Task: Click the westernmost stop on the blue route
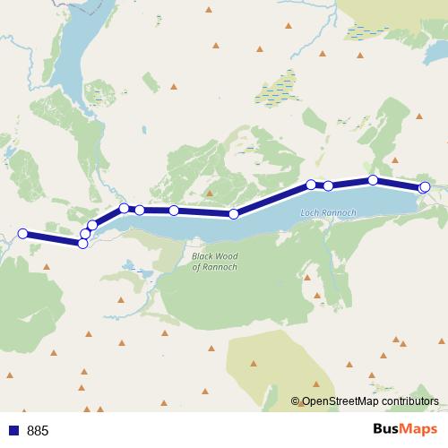click(x=23, y=234)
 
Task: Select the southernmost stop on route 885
click(x=82, y=243)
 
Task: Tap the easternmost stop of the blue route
click(x=426, y=186)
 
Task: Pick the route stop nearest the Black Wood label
click(x=234, y=214)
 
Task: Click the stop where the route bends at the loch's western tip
click(x=92, y=225)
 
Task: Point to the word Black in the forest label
click(x=202, y=254)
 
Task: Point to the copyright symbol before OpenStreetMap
click(x=296, y=402)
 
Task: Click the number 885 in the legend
click(x=38, y=431)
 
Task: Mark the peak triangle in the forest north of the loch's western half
click(x=211, y=192)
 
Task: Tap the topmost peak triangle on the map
click(x=209, y=9)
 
